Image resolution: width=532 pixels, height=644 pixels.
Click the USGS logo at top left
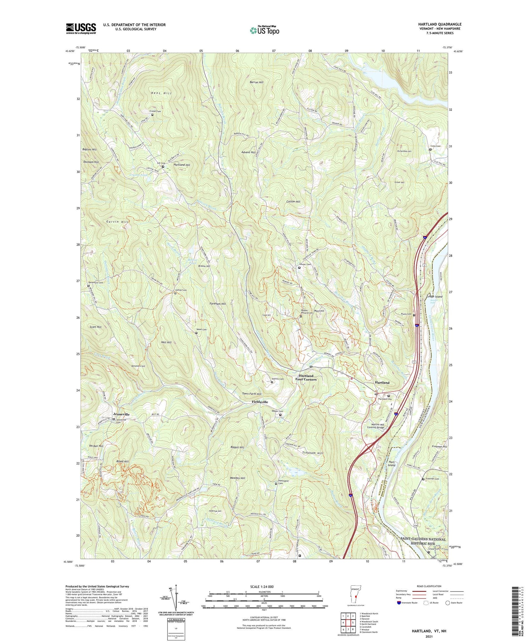pyautogui.click(x=81, y=28)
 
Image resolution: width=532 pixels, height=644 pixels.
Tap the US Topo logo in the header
pyautogui.click(x=264, y=30)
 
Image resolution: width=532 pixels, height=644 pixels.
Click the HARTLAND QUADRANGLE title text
pyautogui.click(x=440, y=25)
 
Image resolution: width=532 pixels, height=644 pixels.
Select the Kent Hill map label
pyautogui.click(x=161, y=93)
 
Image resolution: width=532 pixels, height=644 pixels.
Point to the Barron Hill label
pyautogui.click(x=256, y=82)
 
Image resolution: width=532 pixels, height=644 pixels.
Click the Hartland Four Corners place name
pyautogui.click(x=306, y=377)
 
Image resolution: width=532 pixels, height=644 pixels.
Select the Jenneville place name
pyautogui.click(x=121, y=415)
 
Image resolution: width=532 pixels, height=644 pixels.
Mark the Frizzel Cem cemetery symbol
pyautogui.click(x=153, y=115)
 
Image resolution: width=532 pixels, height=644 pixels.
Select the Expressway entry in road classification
pyautogui.click(x=403, y=591)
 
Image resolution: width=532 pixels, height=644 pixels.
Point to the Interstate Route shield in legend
pyautogui.click(x=399, y=603)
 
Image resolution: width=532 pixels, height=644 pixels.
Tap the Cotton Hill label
pyautogui.click(x=293, y=201)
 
